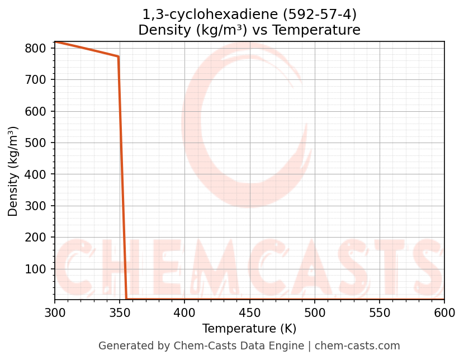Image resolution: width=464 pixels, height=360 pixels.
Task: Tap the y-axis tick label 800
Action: click(35, 49)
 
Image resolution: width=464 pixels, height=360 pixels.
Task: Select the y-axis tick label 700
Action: click(35, 80)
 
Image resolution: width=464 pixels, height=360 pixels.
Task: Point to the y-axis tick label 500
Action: click(35, 143)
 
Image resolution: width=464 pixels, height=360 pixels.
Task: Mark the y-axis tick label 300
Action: click(35, 206)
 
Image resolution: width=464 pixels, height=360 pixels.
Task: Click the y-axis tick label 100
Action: click(35, 269)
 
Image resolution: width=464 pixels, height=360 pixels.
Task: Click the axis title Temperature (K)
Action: click(249, 329)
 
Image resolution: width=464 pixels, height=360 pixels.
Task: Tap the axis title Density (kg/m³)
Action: click(13, 171)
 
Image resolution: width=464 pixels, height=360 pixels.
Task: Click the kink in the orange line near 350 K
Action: click(118, 56)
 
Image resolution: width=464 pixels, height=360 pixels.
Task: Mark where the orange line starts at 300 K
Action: click(55, 42)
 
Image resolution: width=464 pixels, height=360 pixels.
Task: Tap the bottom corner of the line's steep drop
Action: click(126, 299)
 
